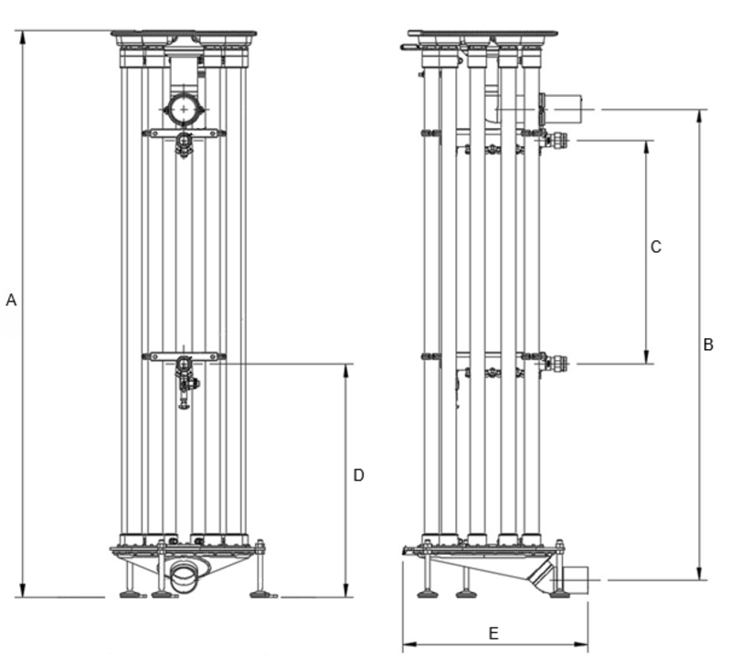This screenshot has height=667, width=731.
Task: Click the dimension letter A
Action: click(x=11, y=300)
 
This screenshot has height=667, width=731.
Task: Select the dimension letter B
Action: click(x=708, y=344)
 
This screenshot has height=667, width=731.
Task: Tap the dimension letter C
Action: click(x=655, y=247)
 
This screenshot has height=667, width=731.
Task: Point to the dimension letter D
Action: click(x=358, y=475)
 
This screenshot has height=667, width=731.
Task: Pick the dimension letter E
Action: click(x=493, y=632)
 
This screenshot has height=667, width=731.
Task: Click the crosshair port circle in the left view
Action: click(x=185, y=110)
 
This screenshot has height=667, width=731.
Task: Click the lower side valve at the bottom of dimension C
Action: click(x=555, y=363)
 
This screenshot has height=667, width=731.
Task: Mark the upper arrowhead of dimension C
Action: click(x=646, y=145)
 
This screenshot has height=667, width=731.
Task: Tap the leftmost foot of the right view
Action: click(x=426, y=594)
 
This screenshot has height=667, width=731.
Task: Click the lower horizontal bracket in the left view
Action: click(x=183, y=356)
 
